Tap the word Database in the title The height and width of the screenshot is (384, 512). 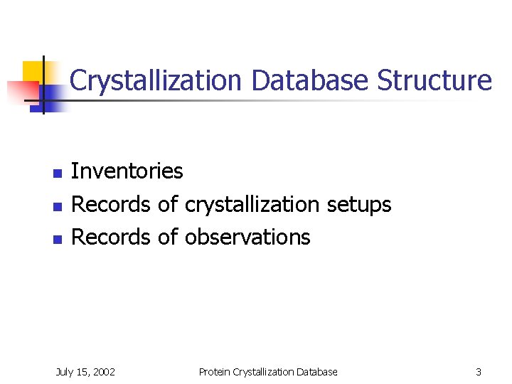310,80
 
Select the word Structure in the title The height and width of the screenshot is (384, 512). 434,80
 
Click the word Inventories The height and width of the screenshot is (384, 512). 127,171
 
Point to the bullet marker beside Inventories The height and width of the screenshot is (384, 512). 57,173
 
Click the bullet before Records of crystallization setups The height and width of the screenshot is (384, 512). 57,206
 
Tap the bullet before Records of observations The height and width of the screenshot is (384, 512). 57,239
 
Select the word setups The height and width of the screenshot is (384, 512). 359,205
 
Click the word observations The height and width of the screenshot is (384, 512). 247,237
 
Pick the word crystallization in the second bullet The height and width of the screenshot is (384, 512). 252,205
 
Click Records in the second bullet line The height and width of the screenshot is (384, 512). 111,205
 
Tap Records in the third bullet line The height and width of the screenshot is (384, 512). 111,237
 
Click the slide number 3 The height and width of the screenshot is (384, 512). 479,372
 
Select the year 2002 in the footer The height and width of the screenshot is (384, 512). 103,372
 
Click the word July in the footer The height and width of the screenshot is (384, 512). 65,372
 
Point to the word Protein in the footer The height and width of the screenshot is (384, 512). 215,372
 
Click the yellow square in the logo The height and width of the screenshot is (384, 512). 33,72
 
